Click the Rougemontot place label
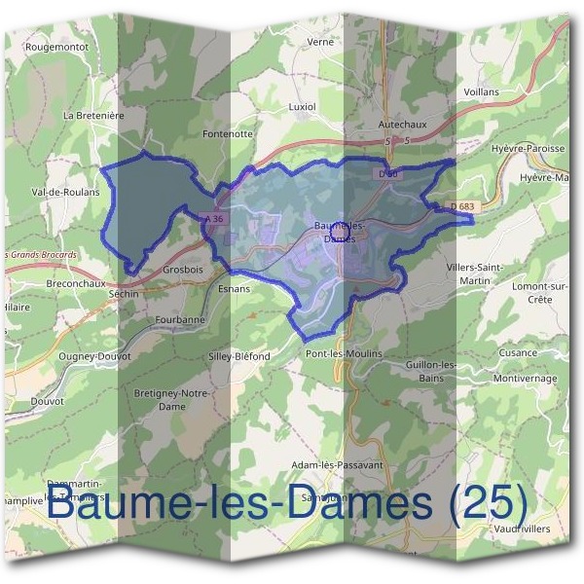(x=56, y=47)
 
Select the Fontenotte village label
(x=227, y=133)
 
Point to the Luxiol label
(x=303, y=103)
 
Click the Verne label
(x=320, y=43)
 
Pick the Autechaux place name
(x=402, y=126)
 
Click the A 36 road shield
(x=214, y=219)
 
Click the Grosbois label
(x=184, y=269)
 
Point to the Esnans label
(x=235, y=289)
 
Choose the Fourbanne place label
(x=180, y=319)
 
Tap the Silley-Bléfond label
(x=238, y=356)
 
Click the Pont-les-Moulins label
(x=344, y=353)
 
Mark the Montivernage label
(x=525, y=379)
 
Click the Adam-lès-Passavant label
(x=337, y=465)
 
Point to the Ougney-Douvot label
(x=94, y=356)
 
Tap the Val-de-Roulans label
(x=66, y=193)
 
